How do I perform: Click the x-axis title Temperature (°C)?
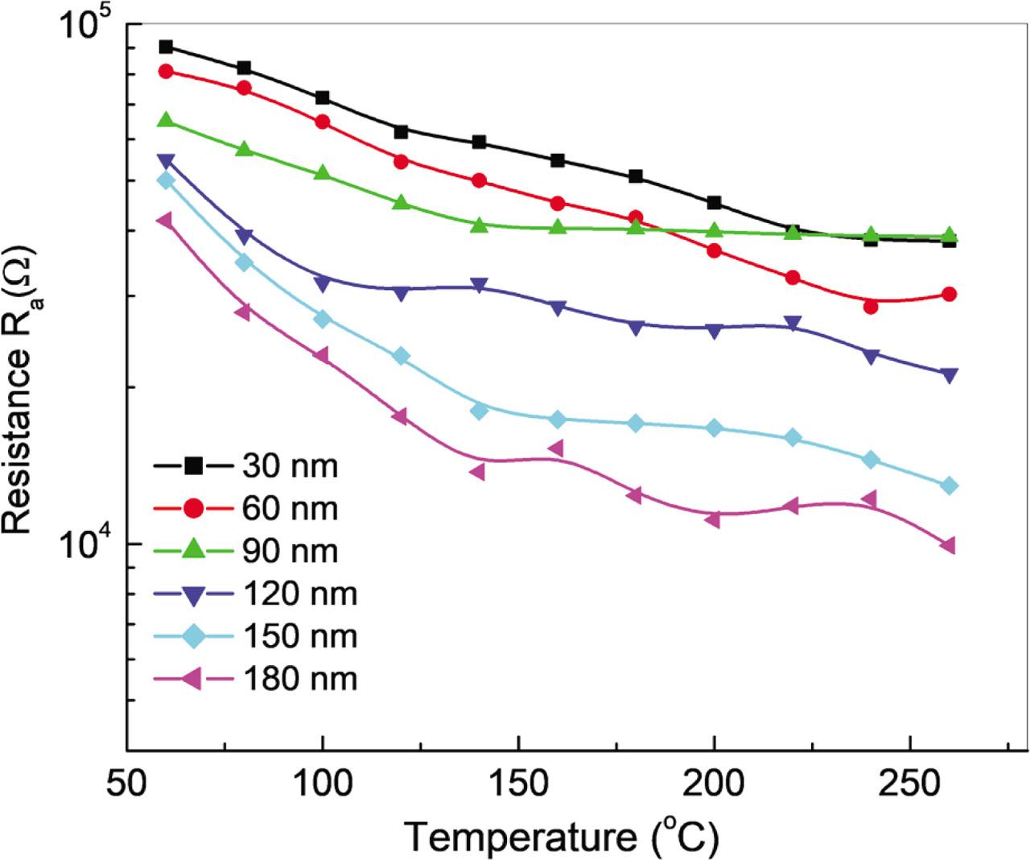(x=561, y=837)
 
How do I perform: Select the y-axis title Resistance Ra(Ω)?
(x=19, y=395)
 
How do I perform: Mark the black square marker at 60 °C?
(x=166, y=47)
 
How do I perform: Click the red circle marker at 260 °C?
(x=949, y=294)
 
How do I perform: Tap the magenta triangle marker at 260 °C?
(x=948, y=546)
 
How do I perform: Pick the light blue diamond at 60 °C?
(x=166, y=180)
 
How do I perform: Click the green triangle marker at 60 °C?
(x=166, y=120)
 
